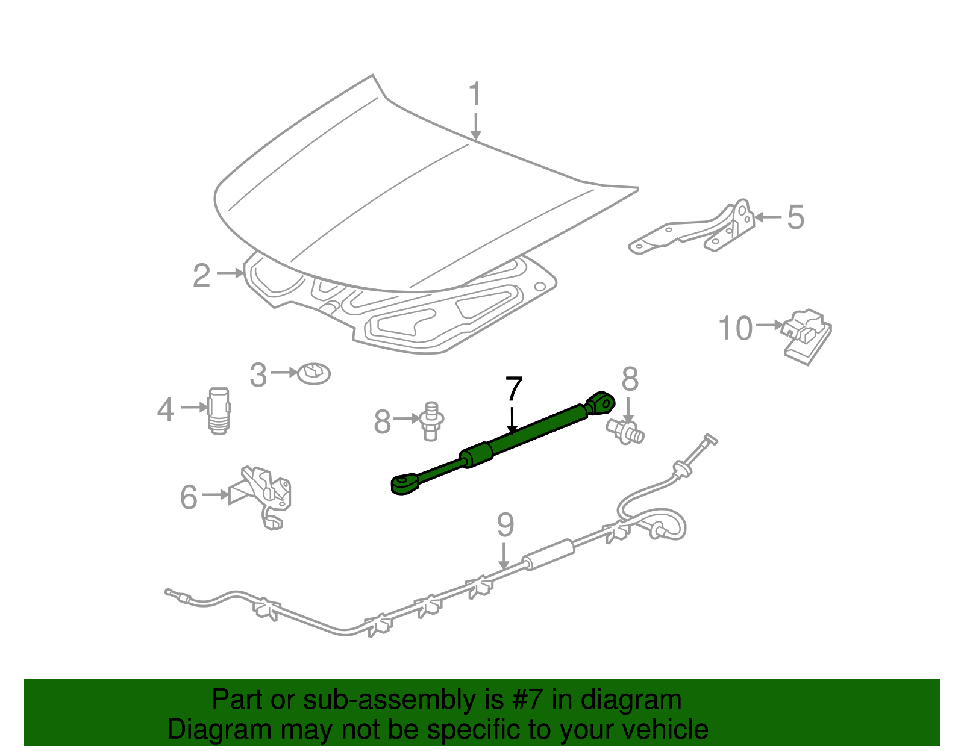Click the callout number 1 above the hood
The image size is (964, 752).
coord(475,95)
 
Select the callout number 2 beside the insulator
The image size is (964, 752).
coord(202,276)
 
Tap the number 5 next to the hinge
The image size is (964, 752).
coord(795,217)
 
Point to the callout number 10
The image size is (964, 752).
coord(736,329)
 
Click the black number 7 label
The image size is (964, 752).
coord(513,389)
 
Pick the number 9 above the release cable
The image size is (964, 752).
coord(505,525)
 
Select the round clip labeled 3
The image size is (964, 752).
coord(315,373)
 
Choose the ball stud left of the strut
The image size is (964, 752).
coord(430,421)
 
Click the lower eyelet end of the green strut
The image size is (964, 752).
coord(402,483)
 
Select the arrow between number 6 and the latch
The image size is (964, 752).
coord(215,494)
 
